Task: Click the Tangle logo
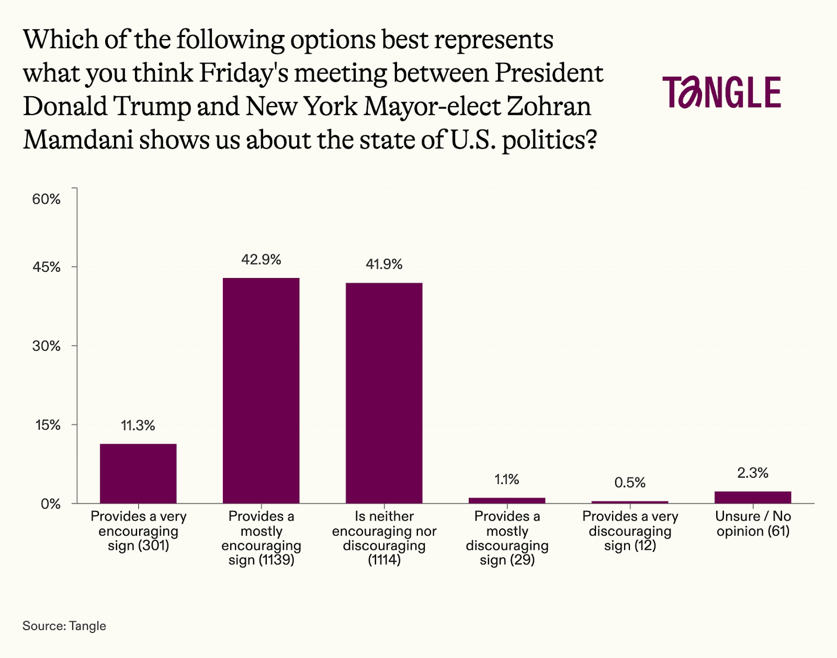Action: click(x=721, y=93)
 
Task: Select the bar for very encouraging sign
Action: click(x=138, y=474)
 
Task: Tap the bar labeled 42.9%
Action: click(x=261, y=390)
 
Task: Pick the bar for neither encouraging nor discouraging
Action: click(x=384, y=393)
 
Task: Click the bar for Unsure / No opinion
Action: click(x=753, y=497)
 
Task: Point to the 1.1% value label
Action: click(x=507, y=479)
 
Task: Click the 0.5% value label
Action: click(x=630, y=482)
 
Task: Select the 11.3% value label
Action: click(x=138, y=425)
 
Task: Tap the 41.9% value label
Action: click(x=384, y=264)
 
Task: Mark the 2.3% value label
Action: click(x=753, y=473)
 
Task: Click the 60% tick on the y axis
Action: click(x=47, y=199)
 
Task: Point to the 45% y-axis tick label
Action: click(x=47, y=267)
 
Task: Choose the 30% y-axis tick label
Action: click(x=47, y=346)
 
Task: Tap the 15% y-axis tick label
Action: click(x=48, y=425)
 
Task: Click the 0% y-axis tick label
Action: click(x=51, y=504)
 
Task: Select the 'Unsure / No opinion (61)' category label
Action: click(x=753, y=524)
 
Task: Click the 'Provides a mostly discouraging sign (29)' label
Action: click(x=507, y=538)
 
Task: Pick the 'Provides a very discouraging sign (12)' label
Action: click(x=630, y=531)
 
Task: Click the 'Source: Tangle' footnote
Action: click(x=64, y=626)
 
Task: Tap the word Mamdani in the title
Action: click(x=78, y=140)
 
